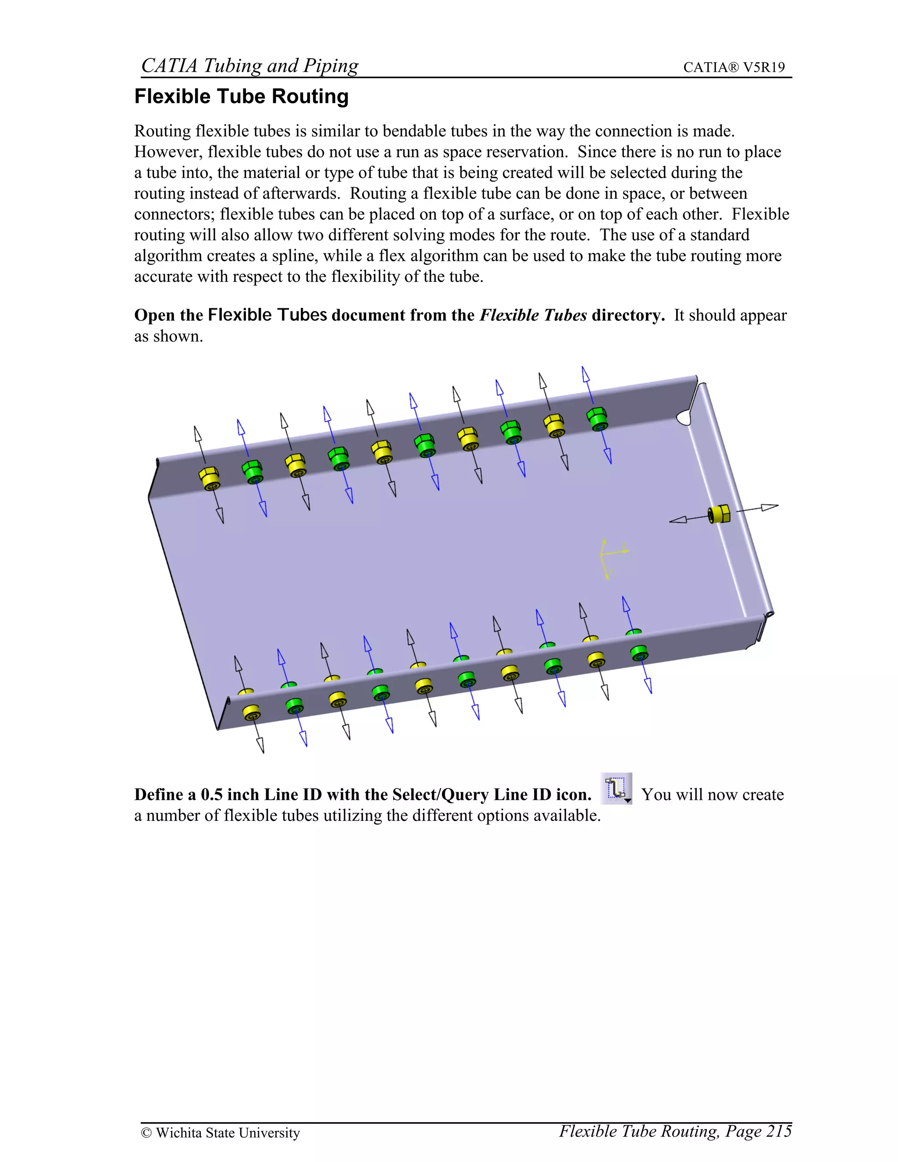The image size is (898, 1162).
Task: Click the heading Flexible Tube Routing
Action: coord(241,97)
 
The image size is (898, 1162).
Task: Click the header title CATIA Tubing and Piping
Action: coord(249,65)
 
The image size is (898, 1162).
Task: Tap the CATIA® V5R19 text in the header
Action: coord(734,68)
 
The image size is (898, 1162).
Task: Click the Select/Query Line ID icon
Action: coord(616,788)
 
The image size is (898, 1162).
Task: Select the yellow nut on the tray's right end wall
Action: coord(719,514)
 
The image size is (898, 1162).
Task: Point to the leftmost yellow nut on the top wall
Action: coord(210,478)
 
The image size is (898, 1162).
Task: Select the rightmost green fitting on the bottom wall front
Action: coord(639,653)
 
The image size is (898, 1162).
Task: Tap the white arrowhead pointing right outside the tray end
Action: coord(769,507)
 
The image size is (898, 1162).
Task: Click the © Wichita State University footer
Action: coord(220,1133)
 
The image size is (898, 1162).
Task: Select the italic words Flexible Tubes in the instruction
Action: coord(533,316)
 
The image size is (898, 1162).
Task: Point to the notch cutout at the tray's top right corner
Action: coord(684,417)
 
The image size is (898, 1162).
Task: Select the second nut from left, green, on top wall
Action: coord(252,471)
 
